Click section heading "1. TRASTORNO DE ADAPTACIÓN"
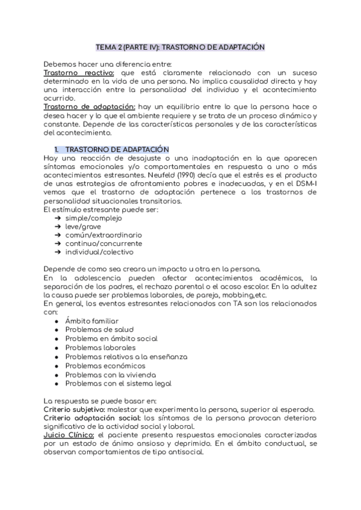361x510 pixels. coord(112,149)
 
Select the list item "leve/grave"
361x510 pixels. coord(83,226)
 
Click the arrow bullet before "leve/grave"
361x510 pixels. coord(58,226)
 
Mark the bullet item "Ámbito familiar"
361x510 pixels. coord(92,321)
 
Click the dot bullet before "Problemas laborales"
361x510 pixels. coord(56,348)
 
